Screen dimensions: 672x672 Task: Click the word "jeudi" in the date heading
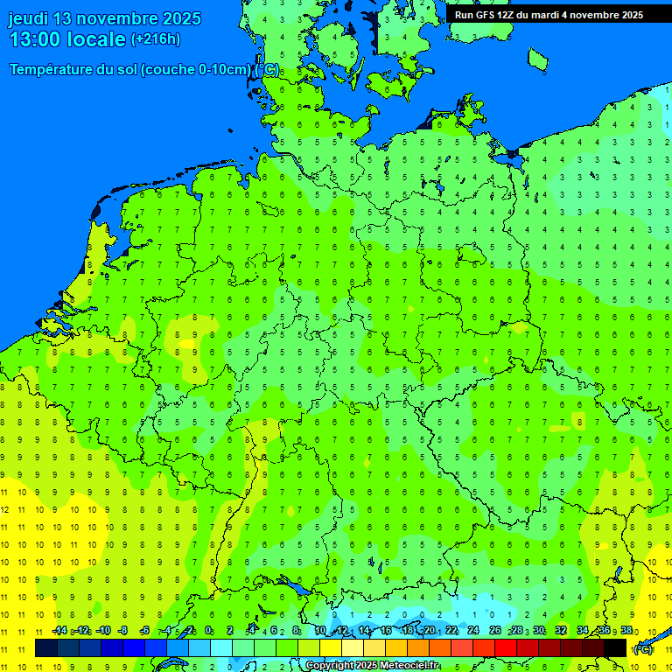29,18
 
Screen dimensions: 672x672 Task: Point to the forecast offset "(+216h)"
156,38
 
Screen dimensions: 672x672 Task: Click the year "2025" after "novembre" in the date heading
176,18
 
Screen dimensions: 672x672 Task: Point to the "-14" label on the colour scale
59,631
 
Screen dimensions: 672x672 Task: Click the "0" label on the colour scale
208,631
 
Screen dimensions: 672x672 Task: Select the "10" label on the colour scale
319,631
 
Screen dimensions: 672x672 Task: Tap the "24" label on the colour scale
473,631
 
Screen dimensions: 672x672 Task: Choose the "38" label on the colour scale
626,631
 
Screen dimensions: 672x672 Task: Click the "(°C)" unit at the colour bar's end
642,649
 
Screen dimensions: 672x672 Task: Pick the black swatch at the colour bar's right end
615,648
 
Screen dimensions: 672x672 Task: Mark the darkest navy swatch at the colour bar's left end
46,648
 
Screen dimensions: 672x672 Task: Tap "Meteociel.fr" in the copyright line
409,666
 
